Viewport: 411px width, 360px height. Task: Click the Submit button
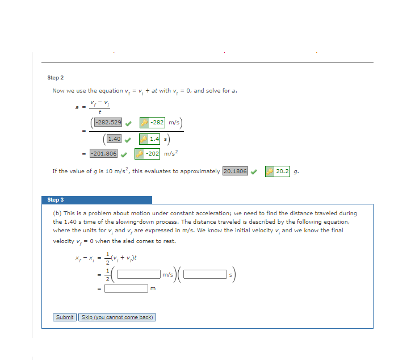65,317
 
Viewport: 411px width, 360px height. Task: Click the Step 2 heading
56,77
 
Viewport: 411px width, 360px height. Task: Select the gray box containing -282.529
108,122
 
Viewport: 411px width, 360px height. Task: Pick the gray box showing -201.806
103,154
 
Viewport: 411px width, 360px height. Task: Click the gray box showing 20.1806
235,171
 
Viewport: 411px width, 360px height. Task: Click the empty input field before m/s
138,275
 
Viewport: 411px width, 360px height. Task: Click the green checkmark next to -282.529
129,122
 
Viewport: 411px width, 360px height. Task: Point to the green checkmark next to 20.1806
254,171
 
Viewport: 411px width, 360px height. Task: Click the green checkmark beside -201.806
124,154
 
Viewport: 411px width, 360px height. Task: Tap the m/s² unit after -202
171,154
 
